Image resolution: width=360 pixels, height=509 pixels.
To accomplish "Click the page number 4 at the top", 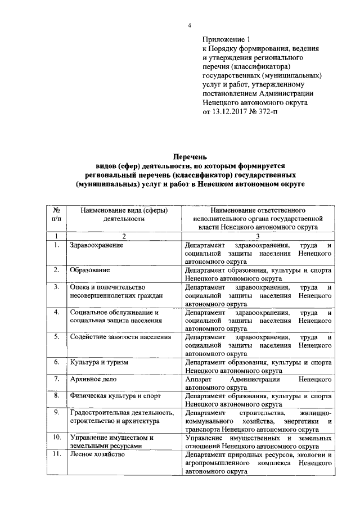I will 190,26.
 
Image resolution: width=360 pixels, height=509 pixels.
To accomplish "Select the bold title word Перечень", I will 190,156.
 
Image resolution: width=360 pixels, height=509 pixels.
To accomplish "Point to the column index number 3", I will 256,236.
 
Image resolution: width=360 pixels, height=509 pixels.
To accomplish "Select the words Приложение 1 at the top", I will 226,40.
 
